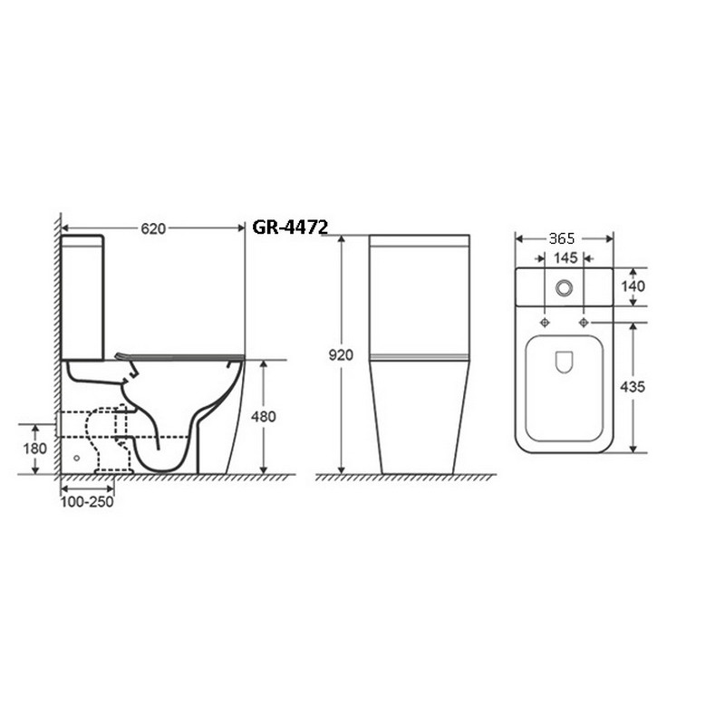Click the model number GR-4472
click(290, 227)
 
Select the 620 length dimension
click(153, 228)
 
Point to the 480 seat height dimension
click(263, 417)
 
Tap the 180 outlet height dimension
click(35, 449)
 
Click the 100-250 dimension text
click(87, 502)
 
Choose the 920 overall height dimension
click(341, 355)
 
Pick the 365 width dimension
click(562, 238)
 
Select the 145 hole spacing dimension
click(565, 257)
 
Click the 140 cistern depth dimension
click(633, 286)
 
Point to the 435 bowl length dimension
click(632, 387)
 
